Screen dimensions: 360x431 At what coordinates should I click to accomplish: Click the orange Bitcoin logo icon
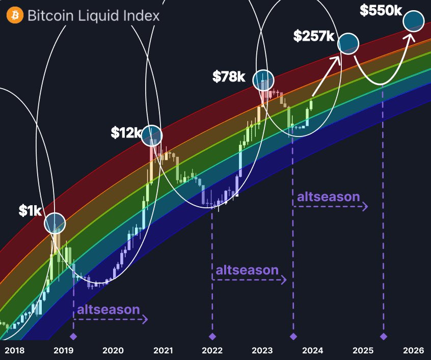point(15,15)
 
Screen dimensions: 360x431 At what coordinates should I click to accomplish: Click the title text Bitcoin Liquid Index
point(93,16)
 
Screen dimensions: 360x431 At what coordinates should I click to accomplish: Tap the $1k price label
point(30,211)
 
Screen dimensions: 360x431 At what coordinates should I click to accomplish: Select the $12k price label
point(125,132)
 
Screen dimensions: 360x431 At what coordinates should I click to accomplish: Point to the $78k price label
point(229,77)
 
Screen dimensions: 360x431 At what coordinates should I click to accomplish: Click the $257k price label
point(313,36)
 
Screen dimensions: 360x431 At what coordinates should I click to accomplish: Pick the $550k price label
point(381,10)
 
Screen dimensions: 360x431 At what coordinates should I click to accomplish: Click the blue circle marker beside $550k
point(413,21)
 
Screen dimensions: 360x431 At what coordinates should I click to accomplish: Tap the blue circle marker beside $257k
point(348,44)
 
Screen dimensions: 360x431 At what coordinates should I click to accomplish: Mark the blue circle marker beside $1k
point(55,223)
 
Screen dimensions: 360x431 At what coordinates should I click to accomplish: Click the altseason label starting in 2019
point(108,309)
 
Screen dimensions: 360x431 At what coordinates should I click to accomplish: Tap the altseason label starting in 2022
point(247,270)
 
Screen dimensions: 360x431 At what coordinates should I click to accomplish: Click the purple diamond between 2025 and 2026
point(383,337)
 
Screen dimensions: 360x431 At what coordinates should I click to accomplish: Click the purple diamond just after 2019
point(73,337)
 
